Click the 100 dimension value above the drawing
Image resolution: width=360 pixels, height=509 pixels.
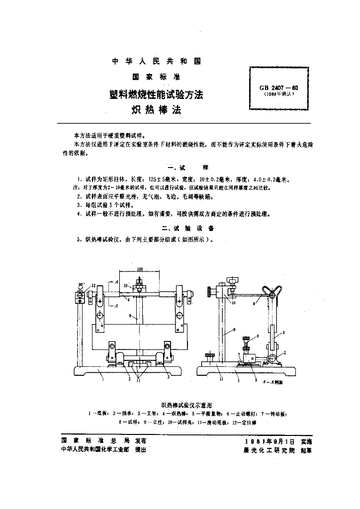(x=140, y=269)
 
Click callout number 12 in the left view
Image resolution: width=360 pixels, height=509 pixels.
(x=93, y=285)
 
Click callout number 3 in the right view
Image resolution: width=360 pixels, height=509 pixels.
(x=283, y=332)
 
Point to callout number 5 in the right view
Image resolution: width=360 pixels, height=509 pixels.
(x=255, y=381)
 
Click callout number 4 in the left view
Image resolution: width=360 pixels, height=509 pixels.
(x=128, y=300)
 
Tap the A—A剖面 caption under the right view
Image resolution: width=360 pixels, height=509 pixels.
(x=273, y=383)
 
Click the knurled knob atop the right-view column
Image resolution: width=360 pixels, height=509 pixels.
(x=231, y=281)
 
